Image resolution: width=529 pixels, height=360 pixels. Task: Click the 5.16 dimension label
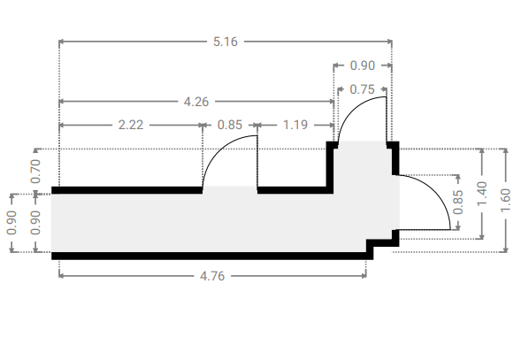tap(226, 42)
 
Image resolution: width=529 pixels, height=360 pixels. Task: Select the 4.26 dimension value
tap(196, 102)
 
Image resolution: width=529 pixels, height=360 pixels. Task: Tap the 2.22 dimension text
tap(131, 126)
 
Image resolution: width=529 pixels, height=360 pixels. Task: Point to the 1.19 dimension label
tap(295, 126)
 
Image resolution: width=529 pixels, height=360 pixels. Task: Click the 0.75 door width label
tap(363, 89)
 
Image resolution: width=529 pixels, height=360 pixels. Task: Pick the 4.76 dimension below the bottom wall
tap(212, 276)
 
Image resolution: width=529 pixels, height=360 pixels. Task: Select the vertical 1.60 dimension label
tap(505, 201)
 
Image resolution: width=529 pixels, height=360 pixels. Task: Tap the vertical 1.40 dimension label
tap(482, 194)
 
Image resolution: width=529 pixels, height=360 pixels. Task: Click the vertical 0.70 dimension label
tap(35, 171)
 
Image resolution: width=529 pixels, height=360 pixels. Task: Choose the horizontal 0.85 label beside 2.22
tap(230, 126)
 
